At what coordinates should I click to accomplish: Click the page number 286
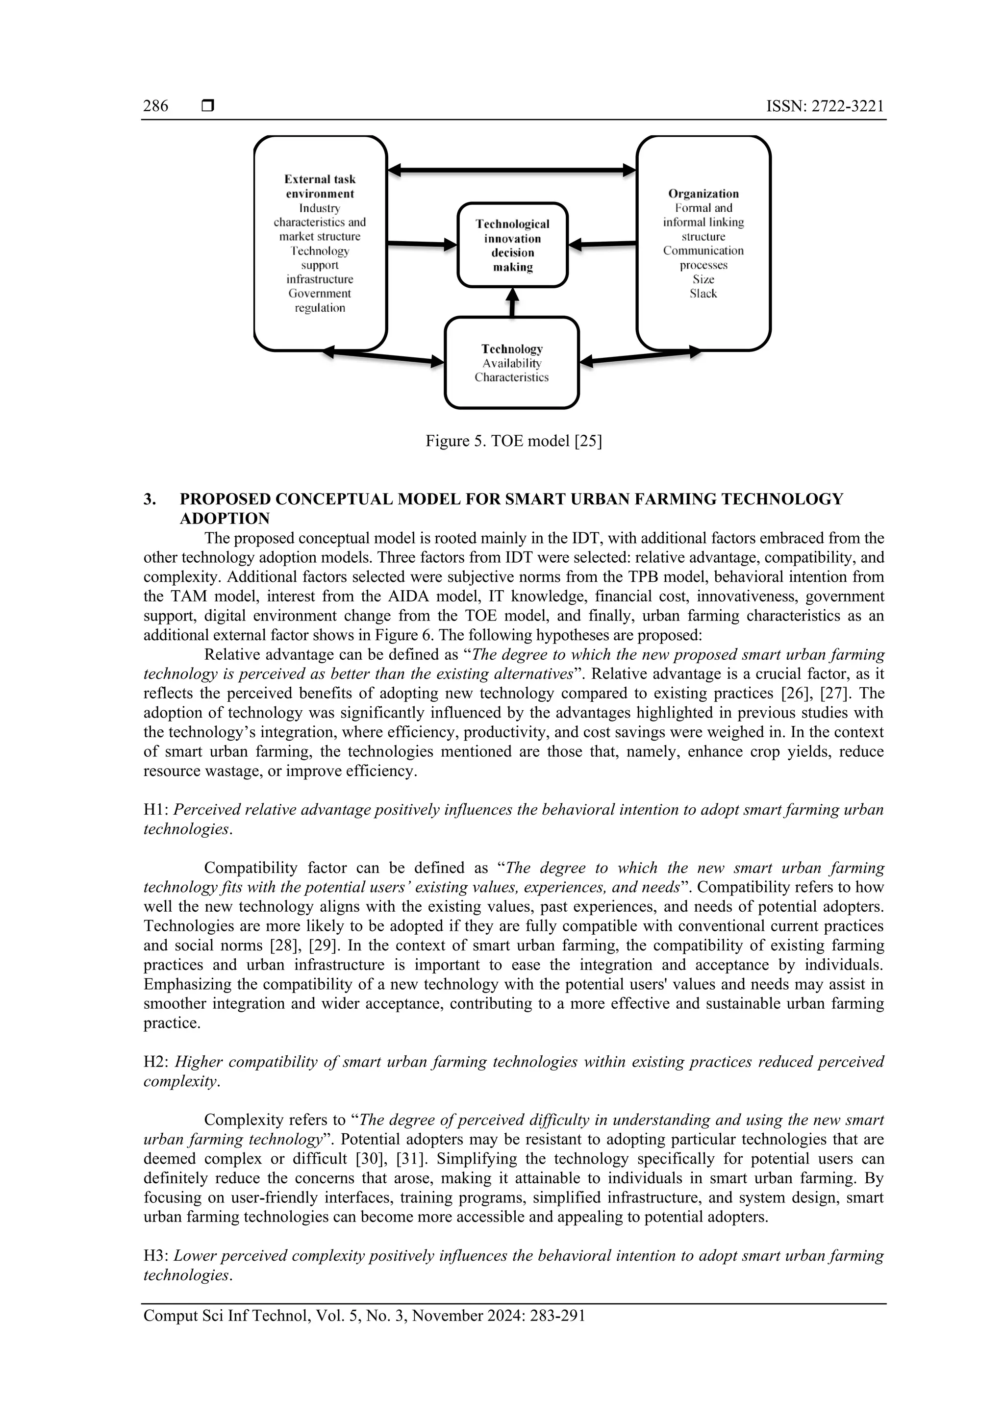(155, 106)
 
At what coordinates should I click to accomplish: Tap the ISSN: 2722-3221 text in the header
(825, 106)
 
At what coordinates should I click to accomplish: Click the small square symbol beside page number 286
(208, 106)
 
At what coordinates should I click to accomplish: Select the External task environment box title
(320, 186)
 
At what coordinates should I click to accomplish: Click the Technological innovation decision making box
(512, 246)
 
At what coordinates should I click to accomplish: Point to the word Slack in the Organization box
(703, 294)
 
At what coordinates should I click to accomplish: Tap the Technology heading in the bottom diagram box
(512, 349)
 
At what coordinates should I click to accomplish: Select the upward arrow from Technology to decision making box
(512, 302)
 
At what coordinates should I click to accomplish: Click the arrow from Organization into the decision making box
(602, 244)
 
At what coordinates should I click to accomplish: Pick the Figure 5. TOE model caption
(513, 441)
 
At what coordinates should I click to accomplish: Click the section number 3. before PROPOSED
(150, 499)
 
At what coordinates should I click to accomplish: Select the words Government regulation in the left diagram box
(320, 300)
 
